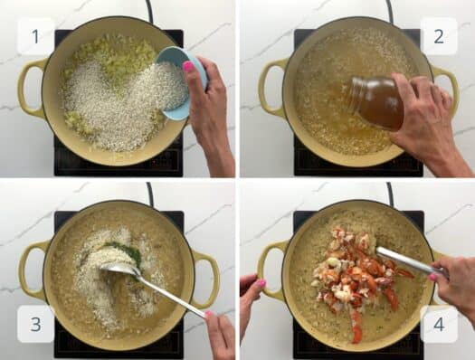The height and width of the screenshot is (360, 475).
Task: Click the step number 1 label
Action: point(35,36)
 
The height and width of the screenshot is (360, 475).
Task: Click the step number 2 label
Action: point(439,36)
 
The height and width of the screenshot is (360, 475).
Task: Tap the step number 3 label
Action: point(35,324)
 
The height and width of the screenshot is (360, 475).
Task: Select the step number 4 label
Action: point(439,324)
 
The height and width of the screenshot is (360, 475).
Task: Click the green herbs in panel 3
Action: point(122,251)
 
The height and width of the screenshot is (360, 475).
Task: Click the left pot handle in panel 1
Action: point(29,88)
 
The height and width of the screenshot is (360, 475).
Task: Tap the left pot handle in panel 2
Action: point(270,88)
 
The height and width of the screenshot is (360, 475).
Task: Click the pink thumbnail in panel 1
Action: point(188,66)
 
